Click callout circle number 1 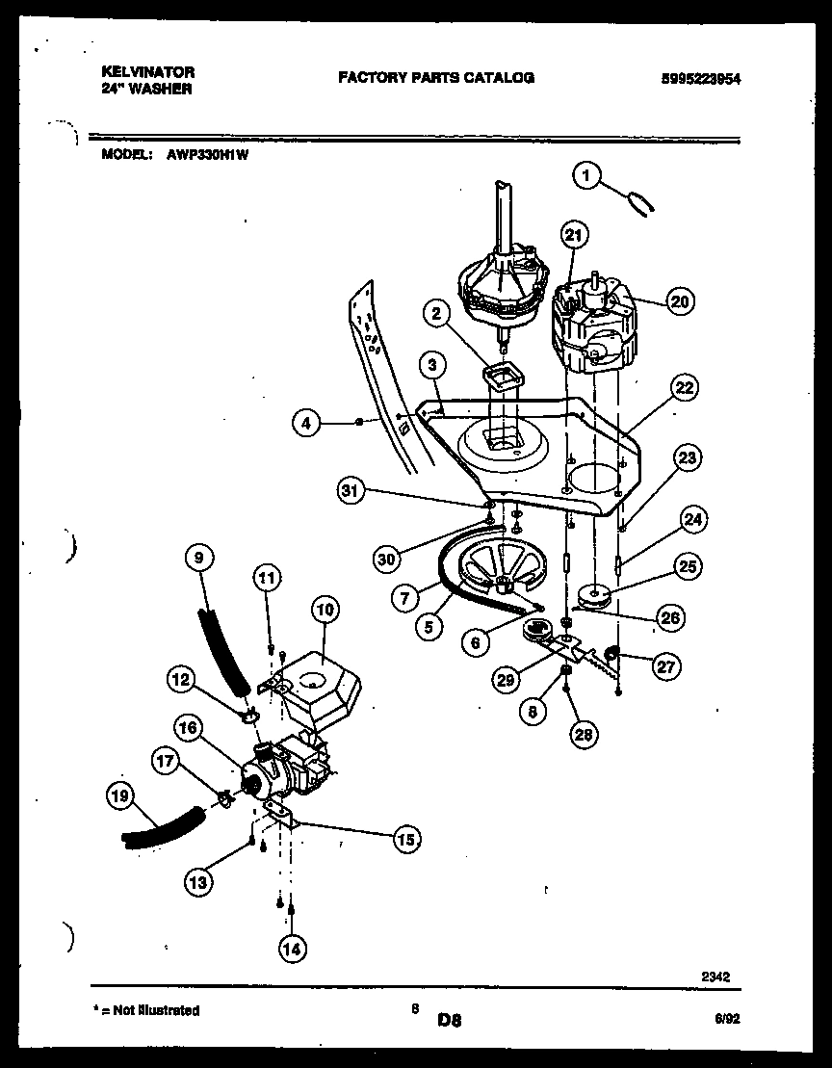coord(586,175)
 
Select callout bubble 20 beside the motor coord(679,301)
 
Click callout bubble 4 coord(307,422)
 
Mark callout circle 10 coord(325,609)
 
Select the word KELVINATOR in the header coord(147,72)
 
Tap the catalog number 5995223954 coord(701,80)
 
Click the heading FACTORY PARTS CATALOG coord(435,77)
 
